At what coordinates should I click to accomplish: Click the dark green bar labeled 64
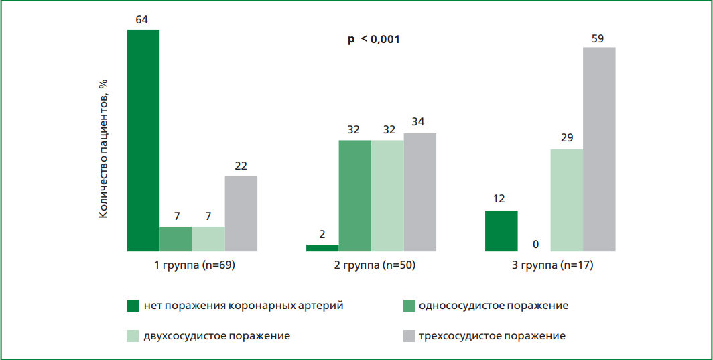point(143,141)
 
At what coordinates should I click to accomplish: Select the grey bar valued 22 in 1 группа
point(241,214)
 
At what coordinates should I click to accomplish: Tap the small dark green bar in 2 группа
point(322,248)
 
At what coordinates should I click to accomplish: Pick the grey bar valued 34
point(420,192)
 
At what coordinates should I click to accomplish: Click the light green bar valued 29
point(566,200)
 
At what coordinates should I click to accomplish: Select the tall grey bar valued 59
point(599,149)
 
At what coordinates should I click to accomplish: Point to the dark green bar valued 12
point(501,231)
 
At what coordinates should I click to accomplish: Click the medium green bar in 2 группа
point(355,196)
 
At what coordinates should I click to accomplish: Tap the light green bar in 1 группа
point(208,239)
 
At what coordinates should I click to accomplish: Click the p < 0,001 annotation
point(373,40)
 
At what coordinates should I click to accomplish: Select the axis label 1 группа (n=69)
point(194,265)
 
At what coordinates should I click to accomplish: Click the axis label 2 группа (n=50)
point(375,265)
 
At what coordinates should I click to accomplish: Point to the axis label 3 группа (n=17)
point(552,265)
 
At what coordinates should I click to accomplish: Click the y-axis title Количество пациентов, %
point(103,147)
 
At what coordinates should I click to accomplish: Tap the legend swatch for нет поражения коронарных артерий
point(133,306)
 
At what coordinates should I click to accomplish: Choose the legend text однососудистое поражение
point(493,306)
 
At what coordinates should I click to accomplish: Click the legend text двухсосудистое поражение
point(216,335)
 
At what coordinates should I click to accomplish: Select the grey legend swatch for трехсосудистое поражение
point(407,335)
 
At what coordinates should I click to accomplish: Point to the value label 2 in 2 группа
point(322,235)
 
